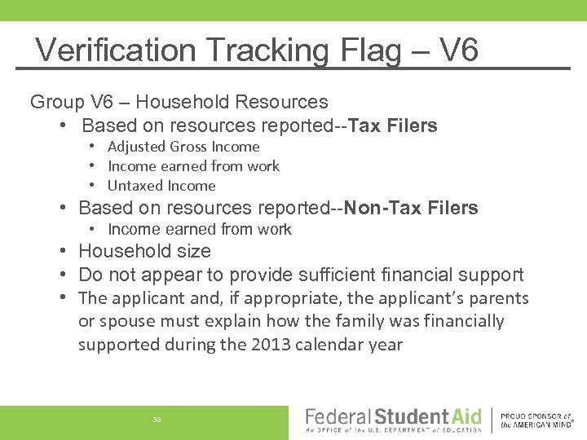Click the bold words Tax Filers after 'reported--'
pyautogui.click(x=393, y=125)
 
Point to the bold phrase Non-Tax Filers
pyautogui.click(x=411, y=208)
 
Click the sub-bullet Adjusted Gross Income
pyautogui.click(x=183, y=147)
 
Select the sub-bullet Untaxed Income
pyautogui.click(x=161, y=186)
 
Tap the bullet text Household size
pyautogui.click(x=144, y=251)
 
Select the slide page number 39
pyautogui.click(x=156, y=419)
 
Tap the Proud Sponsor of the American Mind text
pyautogui.click(x=536, y=419)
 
